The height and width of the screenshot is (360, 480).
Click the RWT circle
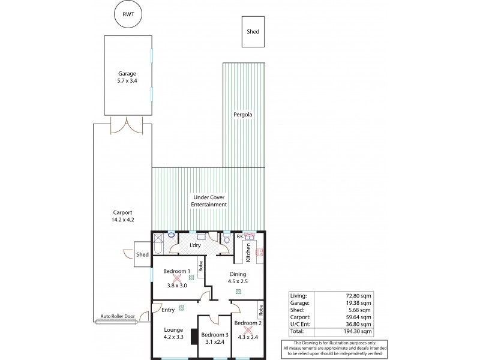point(127,15)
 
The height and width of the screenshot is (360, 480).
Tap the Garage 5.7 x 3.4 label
point(127,77)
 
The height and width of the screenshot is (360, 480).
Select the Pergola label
point(242,114)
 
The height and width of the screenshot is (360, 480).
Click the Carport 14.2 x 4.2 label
point(122,216)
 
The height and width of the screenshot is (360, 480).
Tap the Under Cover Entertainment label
point(209,200)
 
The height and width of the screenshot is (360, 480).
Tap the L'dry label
point(195,246)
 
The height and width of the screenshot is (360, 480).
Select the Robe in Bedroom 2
point(261,310)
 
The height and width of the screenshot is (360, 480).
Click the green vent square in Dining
point(238,292)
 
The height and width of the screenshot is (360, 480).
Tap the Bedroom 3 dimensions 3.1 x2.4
point(214,343)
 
